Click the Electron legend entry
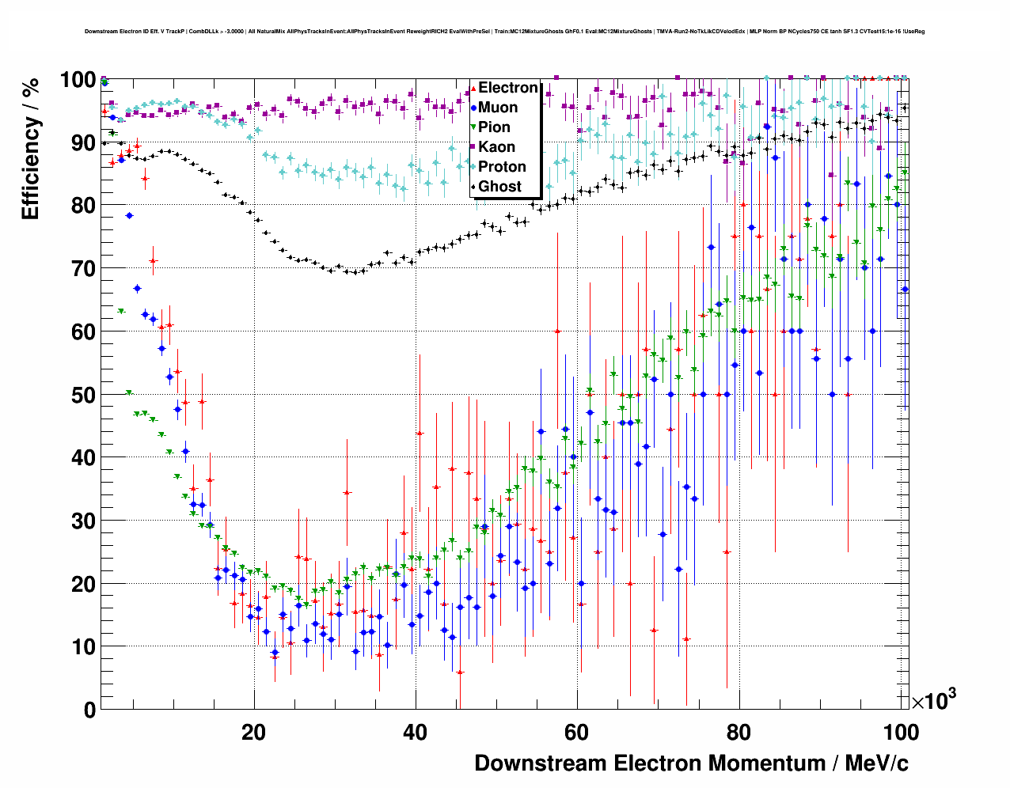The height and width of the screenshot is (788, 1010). tap(507, 88)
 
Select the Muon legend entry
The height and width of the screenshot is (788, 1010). tap(498, 108)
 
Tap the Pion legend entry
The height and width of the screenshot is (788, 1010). tap(494, 127)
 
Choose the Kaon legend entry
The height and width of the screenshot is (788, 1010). tap(496, 147)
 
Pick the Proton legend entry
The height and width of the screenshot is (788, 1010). tap(502, 167)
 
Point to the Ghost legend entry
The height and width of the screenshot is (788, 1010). tap(499, 187)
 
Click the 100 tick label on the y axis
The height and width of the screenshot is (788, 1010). tap(78, 80)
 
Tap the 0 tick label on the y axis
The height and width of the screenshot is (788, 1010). tap(89, 710)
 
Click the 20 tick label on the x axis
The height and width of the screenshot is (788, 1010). tap(253, 733)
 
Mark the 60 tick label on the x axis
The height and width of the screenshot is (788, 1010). tap(577, 733)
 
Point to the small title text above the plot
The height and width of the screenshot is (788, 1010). tap(505, 32)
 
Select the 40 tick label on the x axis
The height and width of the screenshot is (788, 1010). tap(415, 733)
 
